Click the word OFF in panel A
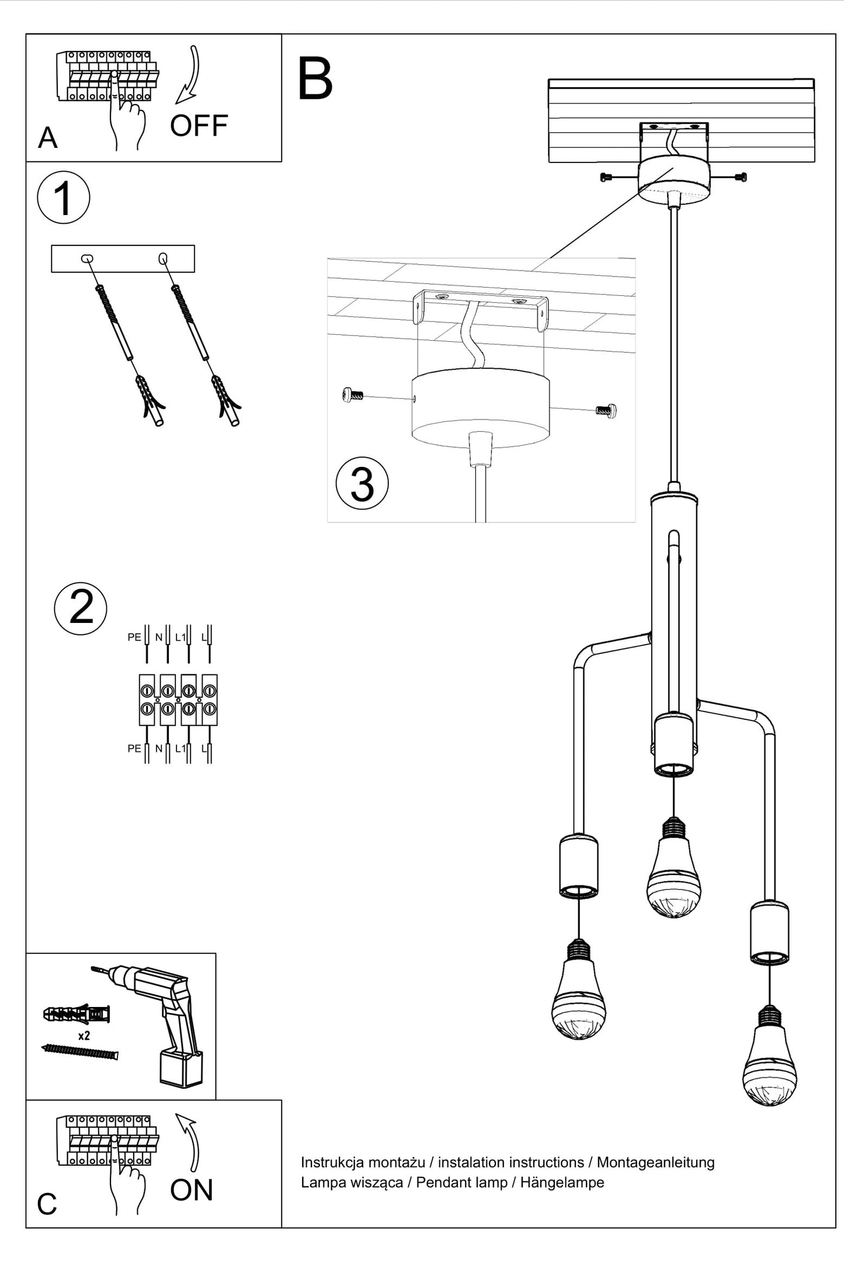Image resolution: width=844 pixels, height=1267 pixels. (199, 126)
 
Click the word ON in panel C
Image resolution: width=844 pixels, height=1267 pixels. (192, 1190)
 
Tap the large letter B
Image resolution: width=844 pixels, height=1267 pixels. (315, 79)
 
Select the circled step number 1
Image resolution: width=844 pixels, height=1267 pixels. (63, 198)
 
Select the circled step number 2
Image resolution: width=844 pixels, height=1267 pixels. (81, 608)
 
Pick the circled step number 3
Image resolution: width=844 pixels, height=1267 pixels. (362, 484)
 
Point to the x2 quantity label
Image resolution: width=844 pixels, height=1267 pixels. (84, 1036)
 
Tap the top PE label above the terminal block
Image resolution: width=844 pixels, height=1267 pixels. (134, 637)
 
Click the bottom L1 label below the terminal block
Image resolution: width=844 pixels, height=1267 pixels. (180, 749)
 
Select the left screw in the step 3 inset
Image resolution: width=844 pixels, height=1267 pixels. (352, 396)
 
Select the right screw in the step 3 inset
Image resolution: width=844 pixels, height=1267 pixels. (606, 410)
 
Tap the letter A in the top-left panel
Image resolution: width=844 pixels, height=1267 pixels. (47, 139)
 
